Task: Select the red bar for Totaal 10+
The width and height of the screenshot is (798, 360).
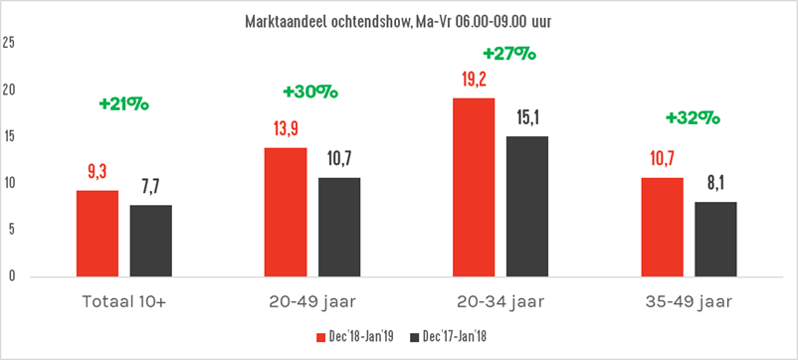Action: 97,234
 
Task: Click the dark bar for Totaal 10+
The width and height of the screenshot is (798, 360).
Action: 150,241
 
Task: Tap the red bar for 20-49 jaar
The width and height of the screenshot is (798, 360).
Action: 285,212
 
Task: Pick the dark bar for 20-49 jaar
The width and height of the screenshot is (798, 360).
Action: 338,227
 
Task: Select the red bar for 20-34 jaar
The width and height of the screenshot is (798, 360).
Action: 473,187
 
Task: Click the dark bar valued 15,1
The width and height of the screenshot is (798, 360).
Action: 526,206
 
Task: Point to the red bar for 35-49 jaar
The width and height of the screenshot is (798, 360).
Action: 661,227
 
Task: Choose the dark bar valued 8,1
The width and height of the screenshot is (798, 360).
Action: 714,239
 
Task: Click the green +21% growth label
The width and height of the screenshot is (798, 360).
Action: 123,102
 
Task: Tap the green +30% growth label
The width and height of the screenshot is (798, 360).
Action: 310,91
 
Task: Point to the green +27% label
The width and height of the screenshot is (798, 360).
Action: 508,54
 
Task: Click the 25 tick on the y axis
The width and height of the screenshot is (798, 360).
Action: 9,44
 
